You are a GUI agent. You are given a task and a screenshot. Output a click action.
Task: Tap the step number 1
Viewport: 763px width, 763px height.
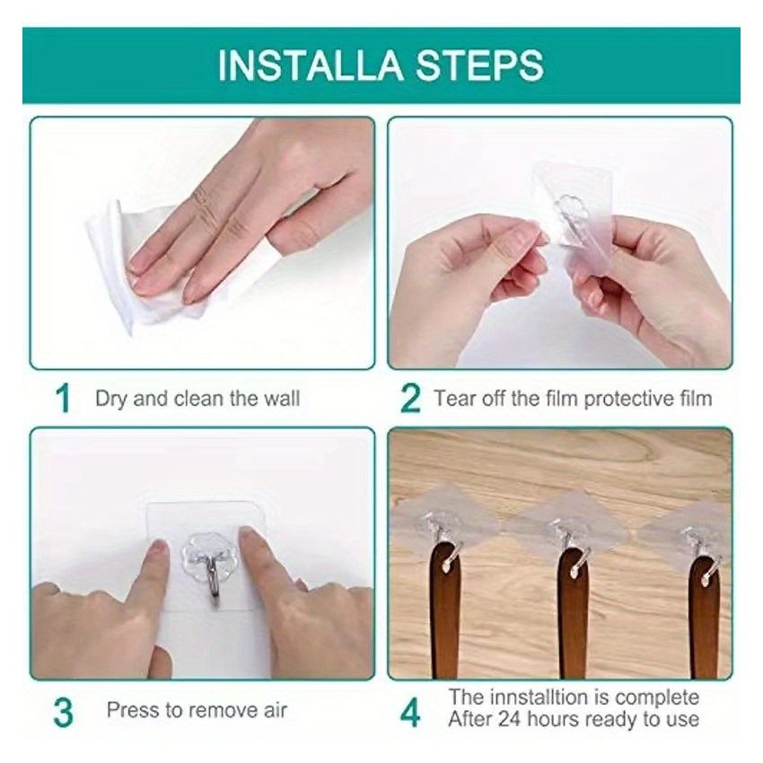(62, 399)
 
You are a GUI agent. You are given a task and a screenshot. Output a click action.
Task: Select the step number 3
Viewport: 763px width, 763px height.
(62, 712)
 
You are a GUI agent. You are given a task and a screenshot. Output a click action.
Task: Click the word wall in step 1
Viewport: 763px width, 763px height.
(281, 398)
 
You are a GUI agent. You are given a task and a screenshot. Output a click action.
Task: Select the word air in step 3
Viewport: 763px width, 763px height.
(276, 710)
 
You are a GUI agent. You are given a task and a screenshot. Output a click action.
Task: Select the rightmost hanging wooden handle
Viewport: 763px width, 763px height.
(704, 619)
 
